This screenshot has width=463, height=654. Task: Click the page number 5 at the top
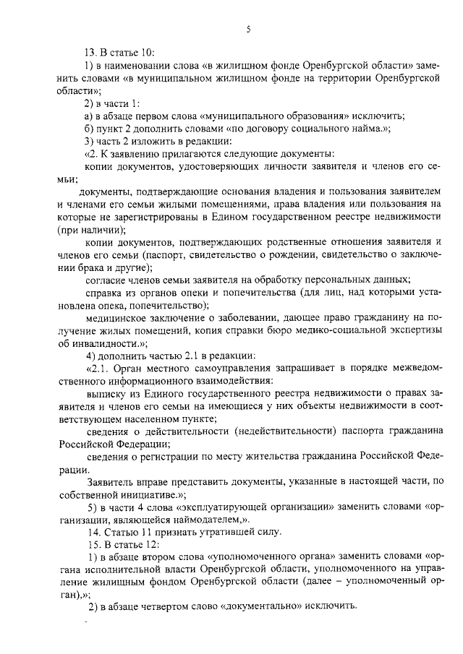click(247, 30)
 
